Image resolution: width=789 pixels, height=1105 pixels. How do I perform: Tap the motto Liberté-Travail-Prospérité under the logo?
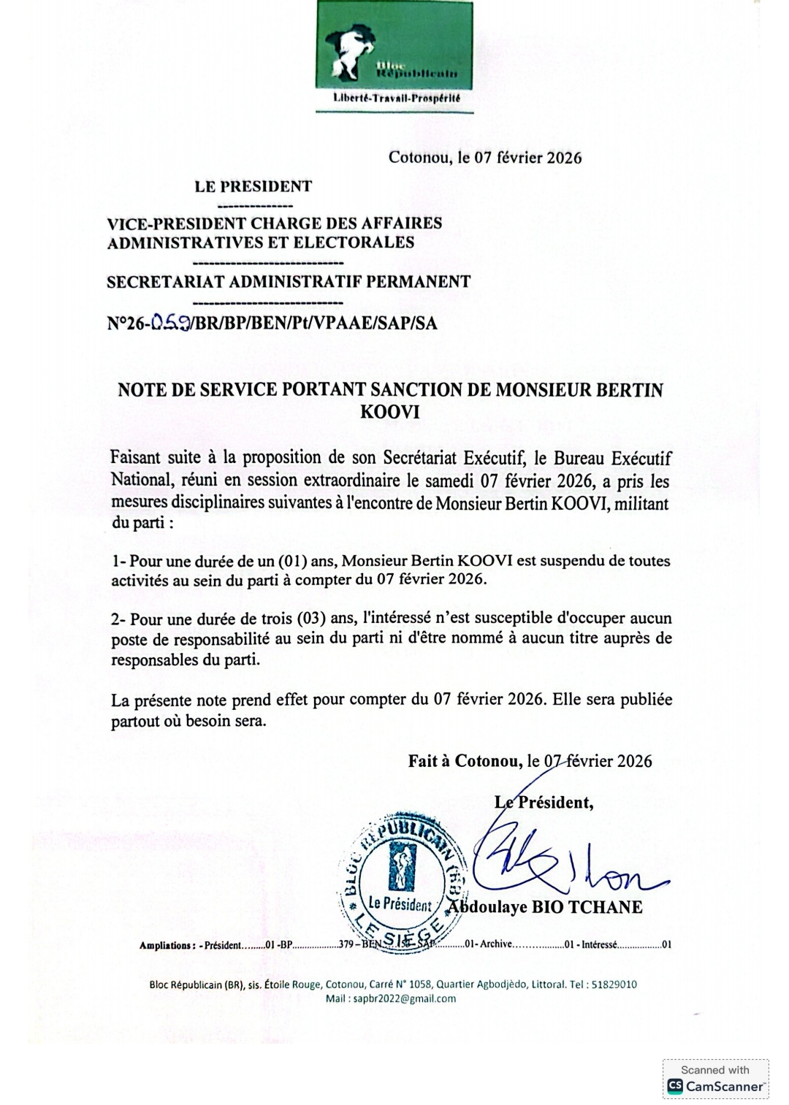click(395, 98)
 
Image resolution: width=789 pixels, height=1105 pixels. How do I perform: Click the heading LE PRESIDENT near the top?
click(253, 186)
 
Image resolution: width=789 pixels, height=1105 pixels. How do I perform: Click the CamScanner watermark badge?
click(715, 1080)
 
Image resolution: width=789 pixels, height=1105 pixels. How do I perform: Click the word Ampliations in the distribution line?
click(167, 946)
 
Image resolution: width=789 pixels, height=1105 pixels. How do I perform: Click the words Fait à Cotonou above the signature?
click(465, 761)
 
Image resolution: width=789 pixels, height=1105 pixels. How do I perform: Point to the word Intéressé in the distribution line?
click(599, 945)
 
